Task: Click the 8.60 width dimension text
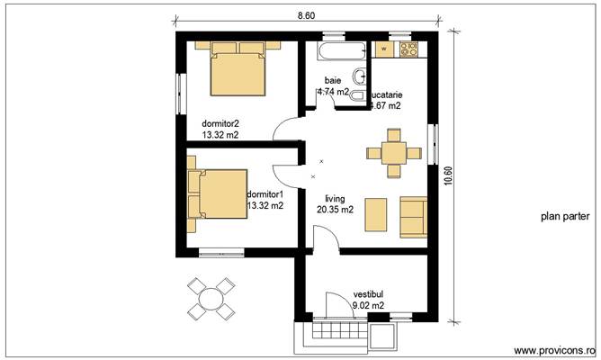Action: (x=306, y=15)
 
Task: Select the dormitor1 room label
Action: (x=265, y=193)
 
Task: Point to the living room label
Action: (x=335, y=196)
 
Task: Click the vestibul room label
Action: (x=369, y=293)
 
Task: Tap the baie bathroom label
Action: (x=333, y=80)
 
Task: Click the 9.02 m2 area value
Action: (x=369, y=305)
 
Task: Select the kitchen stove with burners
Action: (x=409, y=46)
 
